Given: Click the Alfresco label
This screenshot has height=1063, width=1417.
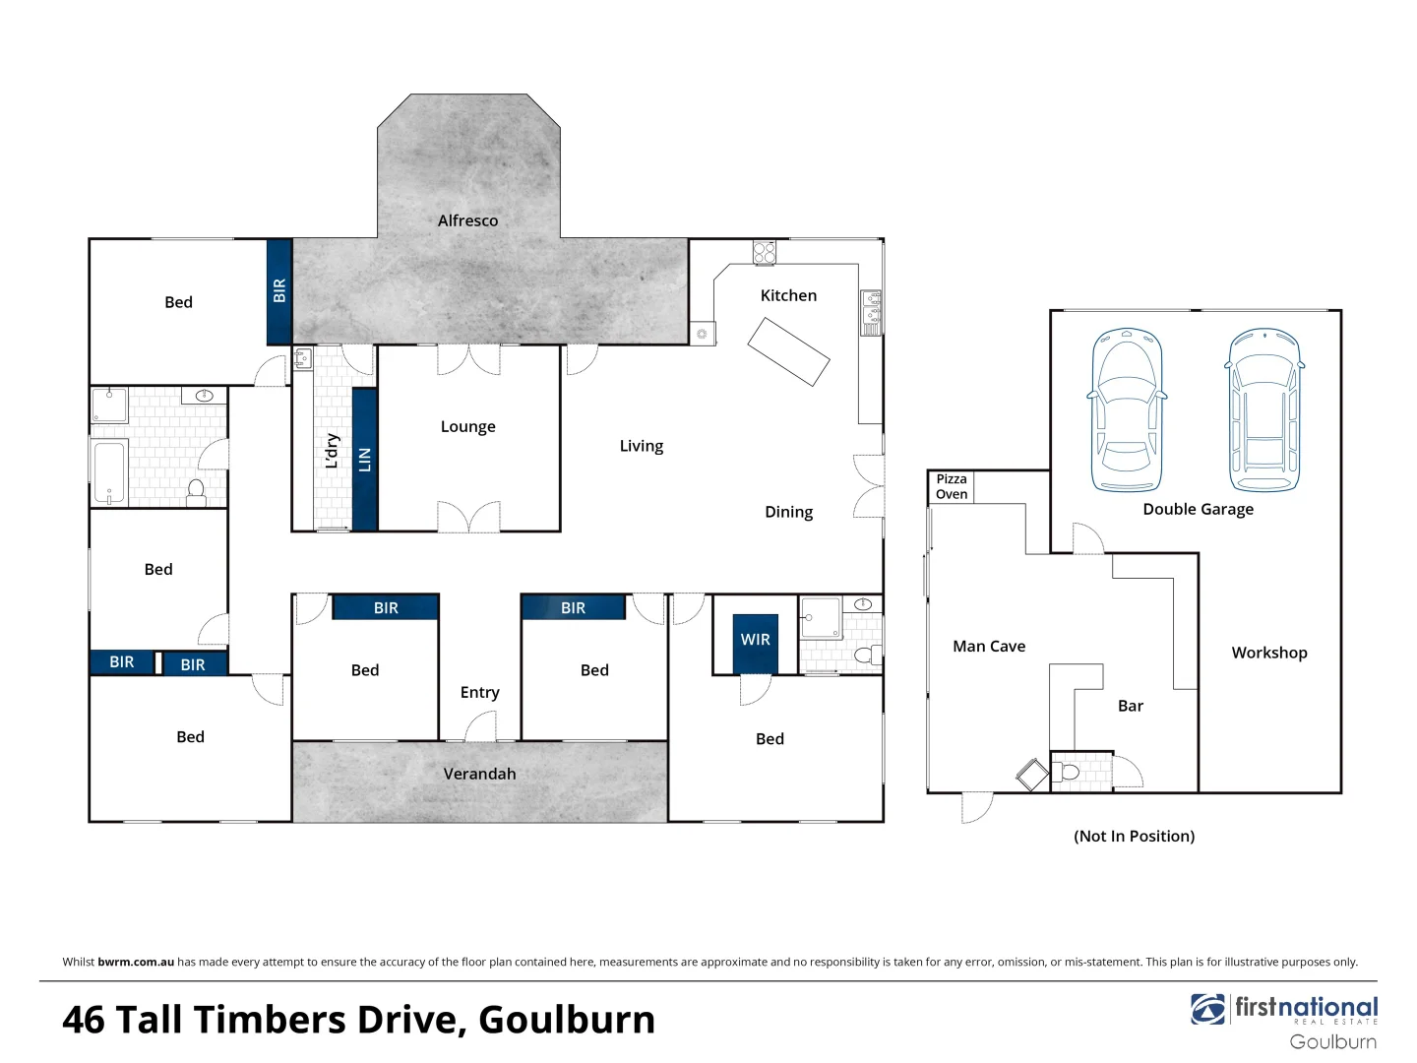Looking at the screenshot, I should [x=467, y=220].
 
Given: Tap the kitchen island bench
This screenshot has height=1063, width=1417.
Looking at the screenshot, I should [x=788, y=351].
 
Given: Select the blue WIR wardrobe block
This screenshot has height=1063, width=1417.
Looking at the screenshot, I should [x=756, y=643].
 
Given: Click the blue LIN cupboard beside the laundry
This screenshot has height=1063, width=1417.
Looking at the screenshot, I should [x=365, y=459].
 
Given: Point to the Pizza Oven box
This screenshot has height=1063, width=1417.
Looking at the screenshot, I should [x=951, y=486].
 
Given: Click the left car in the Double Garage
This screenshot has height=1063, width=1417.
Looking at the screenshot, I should [x=1127, y=409].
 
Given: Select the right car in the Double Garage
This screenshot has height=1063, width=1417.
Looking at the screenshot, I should [x=1264, y=409].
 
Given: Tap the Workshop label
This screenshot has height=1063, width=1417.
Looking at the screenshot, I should [x=1268, y=653].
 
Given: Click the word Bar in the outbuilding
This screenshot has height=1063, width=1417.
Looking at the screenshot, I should [x=1131, y=706].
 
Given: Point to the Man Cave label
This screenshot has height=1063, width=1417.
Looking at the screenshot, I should [x=989, y=647].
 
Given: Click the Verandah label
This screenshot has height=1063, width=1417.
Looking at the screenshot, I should [x=479, y=774].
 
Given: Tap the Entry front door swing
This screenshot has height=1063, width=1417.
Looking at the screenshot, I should [x=480, y=726].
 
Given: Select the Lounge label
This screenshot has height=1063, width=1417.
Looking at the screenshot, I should [x=467, y=426].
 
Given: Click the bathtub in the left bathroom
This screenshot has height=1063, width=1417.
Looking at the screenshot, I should [x=109, y=472].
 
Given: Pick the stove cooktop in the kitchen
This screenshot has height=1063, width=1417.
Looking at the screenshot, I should [x=765, y=253].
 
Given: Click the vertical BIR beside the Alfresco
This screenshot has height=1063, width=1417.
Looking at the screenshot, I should [x=279, y=291].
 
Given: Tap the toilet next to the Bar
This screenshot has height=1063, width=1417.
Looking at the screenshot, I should [x=1068, y=772].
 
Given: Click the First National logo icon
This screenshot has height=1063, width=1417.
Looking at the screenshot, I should [x=1207, y=1009].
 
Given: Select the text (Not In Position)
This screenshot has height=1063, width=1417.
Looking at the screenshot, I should [x=1134, y=836].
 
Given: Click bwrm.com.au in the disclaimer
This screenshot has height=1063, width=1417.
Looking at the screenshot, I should [x=136, y=962].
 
